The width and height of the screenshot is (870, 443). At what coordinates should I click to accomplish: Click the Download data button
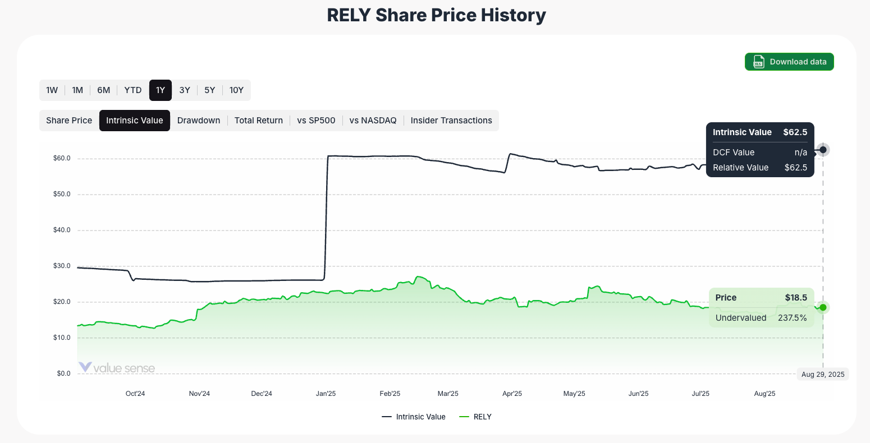(789, 62)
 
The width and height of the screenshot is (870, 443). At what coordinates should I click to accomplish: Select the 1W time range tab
(52, 90)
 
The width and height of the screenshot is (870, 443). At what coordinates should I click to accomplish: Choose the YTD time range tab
(133, 90)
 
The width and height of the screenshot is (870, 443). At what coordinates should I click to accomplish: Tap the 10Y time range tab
(236, 90)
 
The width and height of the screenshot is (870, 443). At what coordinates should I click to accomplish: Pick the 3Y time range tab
(185, 90)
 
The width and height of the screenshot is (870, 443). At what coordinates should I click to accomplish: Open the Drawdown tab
(199, 121)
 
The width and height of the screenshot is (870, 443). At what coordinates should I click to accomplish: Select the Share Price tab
(69, 121)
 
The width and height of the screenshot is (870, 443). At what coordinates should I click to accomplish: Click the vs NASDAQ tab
(373, 121)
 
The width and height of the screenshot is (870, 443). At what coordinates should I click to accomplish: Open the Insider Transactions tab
(451, 121)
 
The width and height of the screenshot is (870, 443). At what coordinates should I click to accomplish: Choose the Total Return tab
(259, 121)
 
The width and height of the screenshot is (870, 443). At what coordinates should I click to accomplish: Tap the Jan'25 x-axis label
(326, 394)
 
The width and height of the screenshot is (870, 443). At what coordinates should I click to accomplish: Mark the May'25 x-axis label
(574, 394)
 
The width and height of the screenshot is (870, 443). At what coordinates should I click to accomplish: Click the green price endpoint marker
(823, 307)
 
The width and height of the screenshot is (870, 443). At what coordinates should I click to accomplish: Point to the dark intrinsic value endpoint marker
(823, 150)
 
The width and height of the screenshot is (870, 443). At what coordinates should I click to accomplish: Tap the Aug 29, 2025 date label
(823, 374)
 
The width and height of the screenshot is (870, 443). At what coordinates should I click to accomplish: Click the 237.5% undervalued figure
(792, 318)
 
